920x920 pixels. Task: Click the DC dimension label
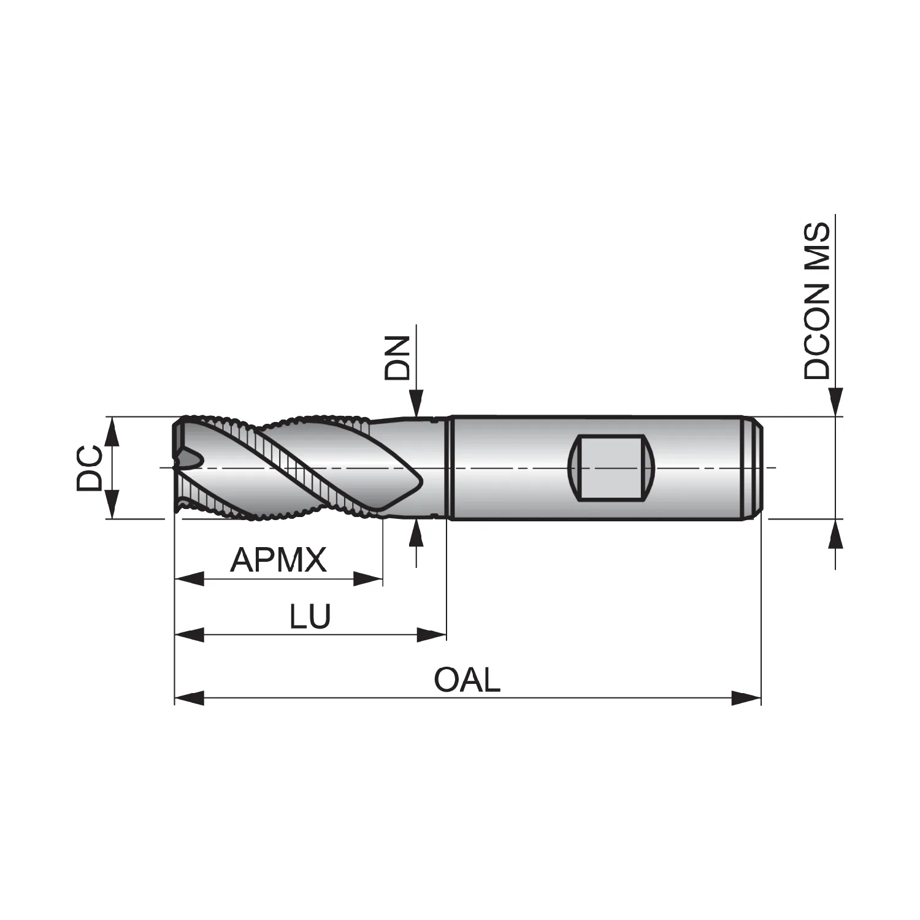90,468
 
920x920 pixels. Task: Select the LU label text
310,616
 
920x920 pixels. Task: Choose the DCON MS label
817,301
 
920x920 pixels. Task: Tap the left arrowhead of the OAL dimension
189,697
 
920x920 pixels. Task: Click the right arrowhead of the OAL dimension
746,697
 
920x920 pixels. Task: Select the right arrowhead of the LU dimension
432,634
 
